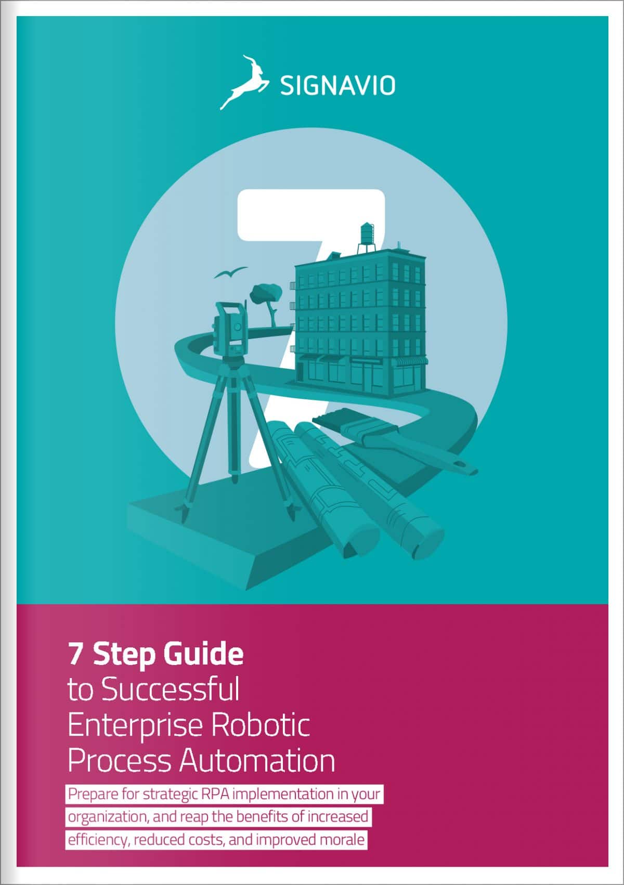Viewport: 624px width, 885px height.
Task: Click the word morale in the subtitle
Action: [341, 840]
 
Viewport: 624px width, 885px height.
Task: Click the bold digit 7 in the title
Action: [76, 654]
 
